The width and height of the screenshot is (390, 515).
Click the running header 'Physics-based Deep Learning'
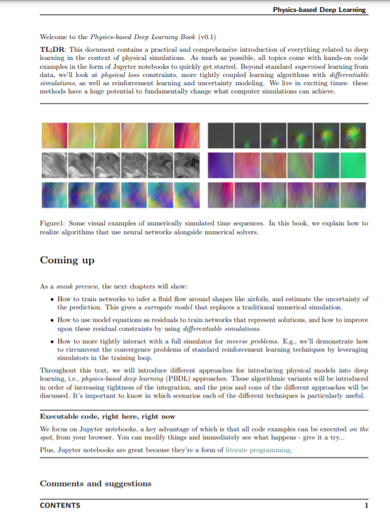pyautogui.click(x=319, y=10)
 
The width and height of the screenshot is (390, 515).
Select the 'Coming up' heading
pyautogui.click(x=68, y=260)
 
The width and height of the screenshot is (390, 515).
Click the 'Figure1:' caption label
pyautogui.click(x=54, y=223)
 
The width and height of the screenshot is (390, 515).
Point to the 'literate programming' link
pyautogui.click(x=259, y=450)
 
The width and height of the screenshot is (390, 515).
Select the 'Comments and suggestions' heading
pyautogui.click(x=95, y=483)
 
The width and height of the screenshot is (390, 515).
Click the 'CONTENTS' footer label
pyautogui.click(x=60, y=505)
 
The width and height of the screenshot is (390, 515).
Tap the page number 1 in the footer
pyautogui.click(x=365, y=505)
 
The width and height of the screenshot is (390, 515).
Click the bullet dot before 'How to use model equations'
pyautogui.click(x=51, y=320)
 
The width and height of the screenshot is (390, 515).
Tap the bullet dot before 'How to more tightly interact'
pyautogui.click(x=51, y=341)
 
